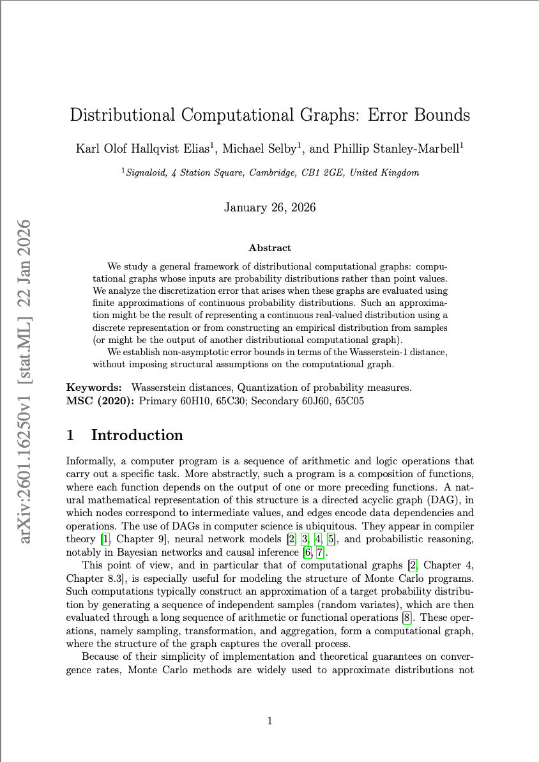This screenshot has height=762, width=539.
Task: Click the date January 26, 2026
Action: [269, 208]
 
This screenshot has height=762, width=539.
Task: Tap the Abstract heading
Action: [269, 248]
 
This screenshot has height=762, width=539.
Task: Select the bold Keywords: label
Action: [94, 387]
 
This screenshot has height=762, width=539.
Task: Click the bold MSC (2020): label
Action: [100, 400]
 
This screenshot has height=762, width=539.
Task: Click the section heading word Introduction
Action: [137, 435]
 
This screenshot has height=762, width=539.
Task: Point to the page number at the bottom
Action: [269, 721]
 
